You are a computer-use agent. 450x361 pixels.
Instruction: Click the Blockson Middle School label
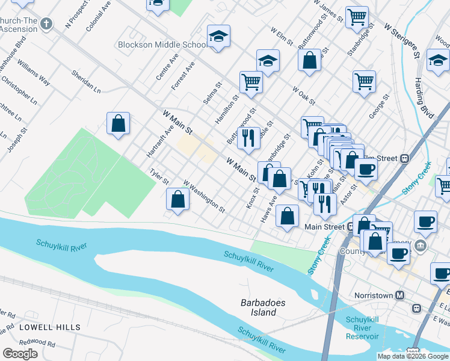[162, 45]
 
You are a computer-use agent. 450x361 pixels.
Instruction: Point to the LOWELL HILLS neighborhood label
[49, 327]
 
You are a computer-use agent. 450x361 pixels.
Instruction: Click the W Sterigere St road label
[401, 41]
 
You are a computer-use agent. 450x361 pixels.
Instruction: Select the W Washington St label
[204, 197]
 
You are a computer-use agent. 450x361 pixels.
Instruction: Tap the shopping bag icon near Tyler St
[178, 199]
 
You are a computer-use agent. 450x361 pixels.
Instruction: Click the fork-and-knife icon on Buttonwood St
[248, 138]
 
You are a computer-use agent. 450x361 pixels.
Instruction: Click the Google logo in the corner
[20, 354]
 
